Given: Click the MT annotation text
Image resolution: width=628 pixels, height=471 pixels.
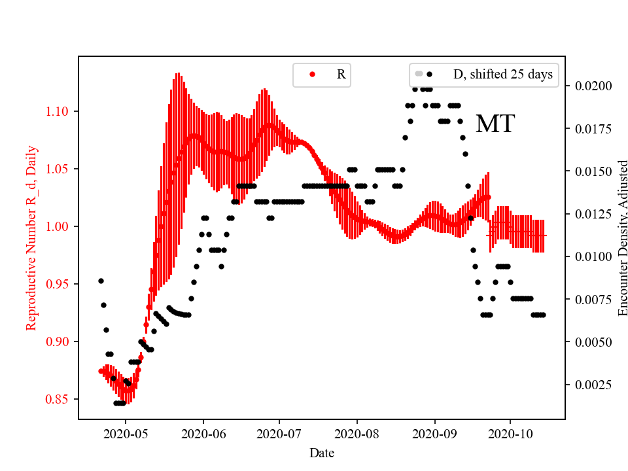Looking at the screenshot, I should (x=495, y=124).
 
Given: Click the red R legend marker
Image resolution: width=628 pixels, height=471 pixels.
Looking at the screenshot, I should (x=312, y=75).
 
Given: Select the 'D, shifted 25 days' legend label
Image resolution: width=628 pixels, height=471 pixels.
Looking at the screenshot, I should (x=502, y=75).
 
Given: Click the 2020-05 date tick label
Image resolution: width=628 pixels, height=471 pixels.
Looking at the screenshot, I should (x=126, y=432).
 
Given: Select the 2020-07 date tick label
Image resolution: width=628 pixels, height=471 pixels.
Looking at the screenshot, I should (x=279, y=432).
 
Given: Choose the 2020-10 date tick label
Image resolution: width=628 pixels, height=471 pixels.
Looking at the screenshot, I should (x=510, y=432).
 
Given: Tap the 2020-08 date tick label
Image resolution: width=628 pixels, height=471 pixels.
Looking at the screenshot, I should (x=357, y=432).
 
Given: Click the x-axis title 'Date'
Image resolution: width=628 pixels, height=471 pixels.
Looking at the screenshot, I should (x=321, y=452).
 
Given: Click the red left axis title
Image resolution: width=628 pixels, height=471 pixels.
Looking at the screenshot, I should (x=31, y=237).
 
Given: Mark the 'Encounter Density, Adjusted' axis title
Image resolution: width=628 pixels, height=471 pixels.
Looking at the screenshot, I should (x=622, y=237).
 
